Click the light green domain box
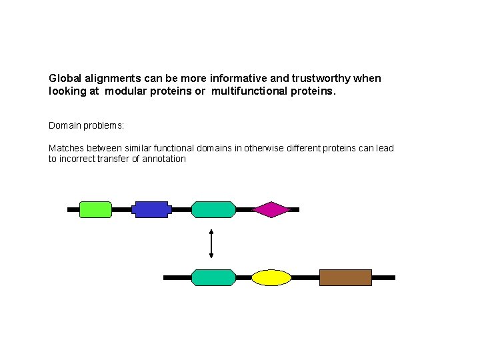(x=95, y=209)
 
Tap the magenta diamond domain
(x=271, y=209)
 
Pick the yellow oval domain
(x=271, y=277)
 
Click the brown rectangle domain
(x=345, y=277)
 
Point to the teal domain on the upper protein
(x=213, y=209)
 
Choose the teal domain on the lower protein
(x=213, y=277)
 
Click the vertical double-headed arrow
(x=211, y=243)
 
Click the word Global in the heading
(x=65, y=78)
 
